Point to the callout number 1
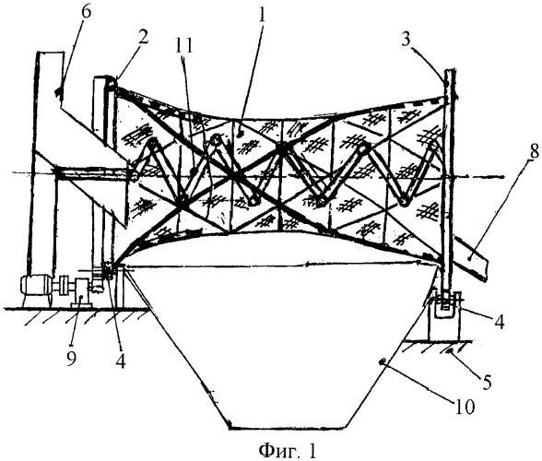(x=263, y=16)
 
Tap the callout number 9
(x=71, y=351)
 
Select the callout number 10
(x=465, y=407)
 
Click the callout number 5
(x=488, y=382)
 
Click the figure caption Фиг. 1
(x=288, y=450)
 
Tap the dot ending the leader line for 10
(x=381, y=361)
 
